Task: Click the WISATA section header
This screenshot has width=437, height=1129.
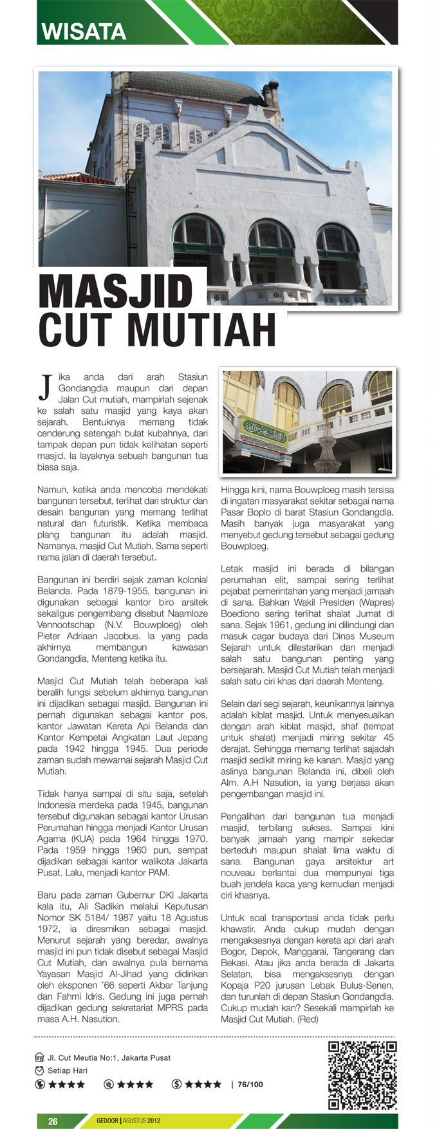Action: (x=83, y=31)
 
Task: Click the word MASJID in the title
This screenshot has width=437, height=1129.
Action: (x=116, y=292)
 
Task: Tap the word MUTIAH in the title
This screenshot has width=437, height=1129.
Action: (x=202, y=331)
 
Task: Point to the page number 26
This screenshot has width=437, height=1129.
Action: (x=53, y=1121)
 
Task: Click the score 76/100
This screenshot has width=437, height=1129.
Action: (x=250, y=1085)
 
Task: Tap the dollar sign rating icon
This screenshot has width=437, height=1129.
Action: (x=177, y=1085)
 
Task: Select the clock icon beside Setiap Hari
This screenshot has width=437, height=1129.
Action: (x=40, y=1070)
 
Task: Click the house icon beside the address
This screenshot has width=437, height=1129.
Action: (x=40, y=1058)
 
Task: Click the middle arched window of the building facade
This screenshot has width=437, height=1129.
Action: (x=271, y=238)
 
